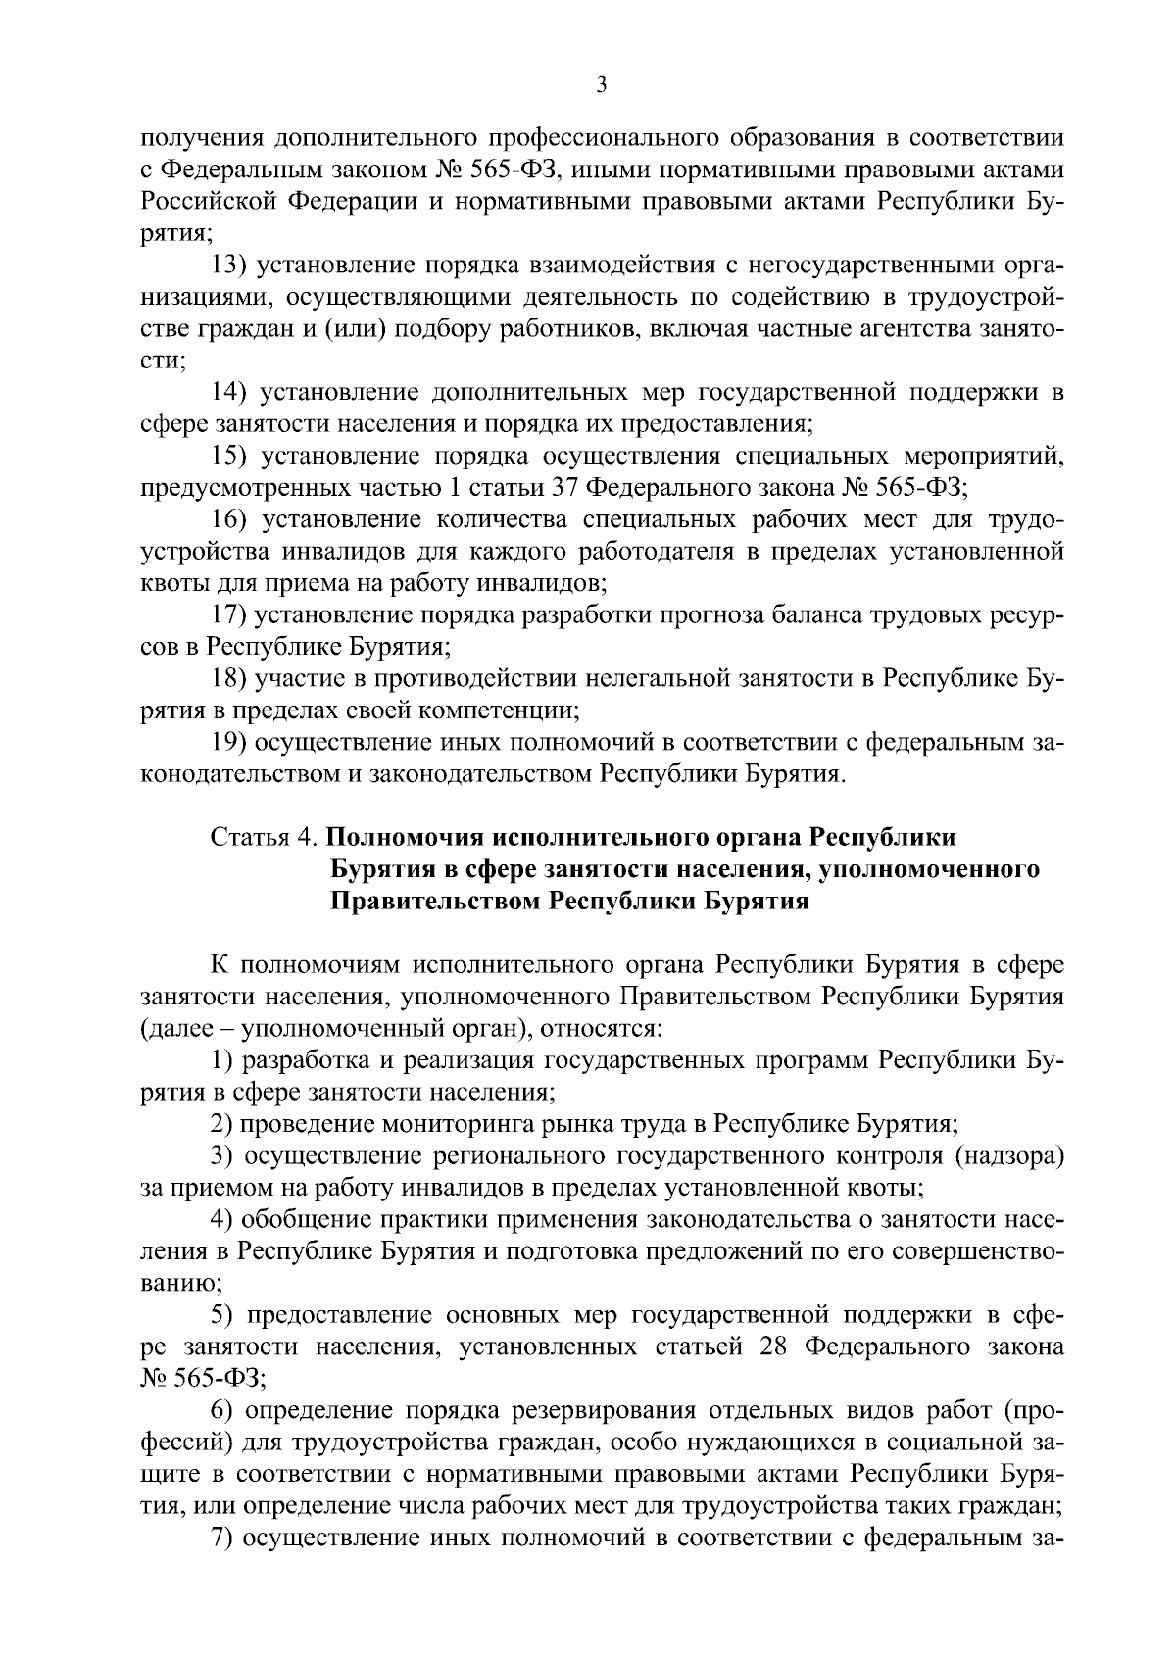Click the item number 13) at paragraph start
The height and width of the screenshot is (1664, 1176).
coord(235,266)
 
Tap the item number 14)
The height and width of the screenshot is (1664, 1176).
coord(235,393)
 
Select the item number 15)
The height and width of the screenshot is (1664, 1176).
coord(235,456)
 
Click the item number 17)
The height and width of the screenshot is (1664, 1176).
coord(235,614)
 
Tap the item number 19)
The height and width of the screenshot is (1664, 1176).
coord(235,742)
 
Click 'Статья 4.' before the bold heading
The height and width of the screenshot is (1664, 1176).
coord(264,838)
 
